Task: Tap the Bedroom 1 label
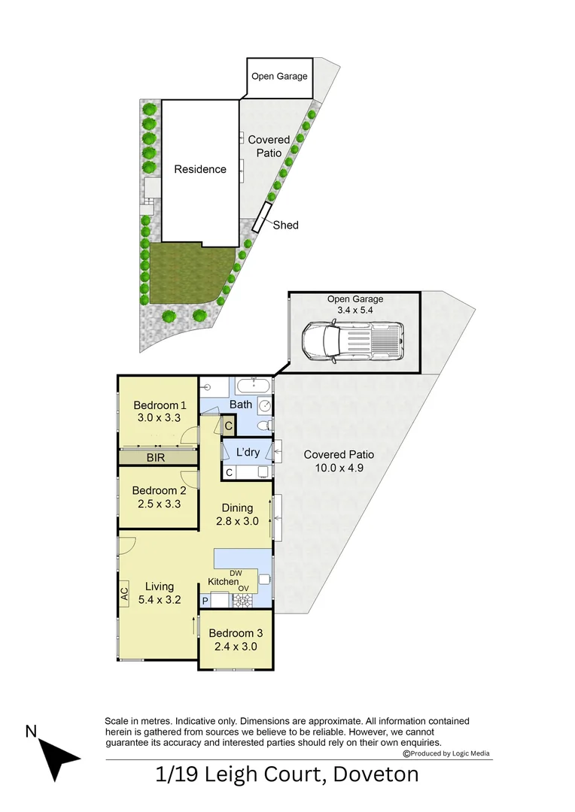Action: tap(157, 405)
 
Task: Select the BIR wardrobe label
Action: tap(157, 456)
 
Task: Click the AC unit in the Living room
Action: tap(124, 592)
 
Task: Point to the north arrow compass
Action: tap(55, 755)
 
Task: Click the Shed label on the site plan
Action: tap(285, 225)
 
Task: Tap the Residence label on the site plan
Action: tap(200, 169)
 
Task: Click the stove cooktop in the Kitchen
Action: tap(244, 601)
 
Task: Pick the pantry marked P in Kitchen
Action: tap(205, 601)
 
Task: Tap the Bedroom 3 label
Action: tap(235, 632)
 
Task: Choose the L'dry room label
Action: tap(248, 453)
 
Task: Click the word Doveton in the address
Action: tap(376, 774)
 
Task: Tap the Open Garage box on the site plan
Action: tap(279, 77)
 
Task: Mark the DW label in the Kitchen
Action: tap(236, 574)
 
